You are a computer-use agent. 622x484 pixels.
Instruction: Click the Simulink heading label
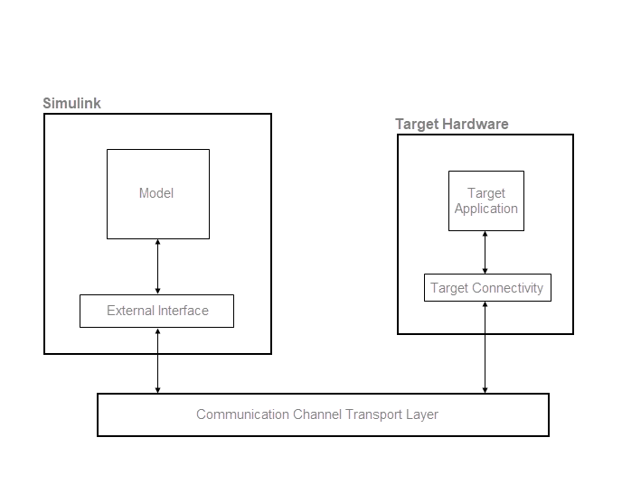tap(71, 103)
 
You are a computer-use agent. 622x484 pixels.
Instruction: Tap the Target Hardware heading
tap(451, 124)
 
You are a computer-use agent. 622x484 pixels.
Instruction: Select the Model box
tap(157, 193)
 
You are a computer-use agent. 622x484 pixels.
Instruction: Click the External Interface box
tap(157, 311)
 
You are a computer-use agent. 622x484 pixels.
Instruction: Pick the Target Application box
tap(485, 200)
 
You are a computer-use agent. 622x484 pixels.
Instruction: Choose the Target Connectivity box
tap(486, 288)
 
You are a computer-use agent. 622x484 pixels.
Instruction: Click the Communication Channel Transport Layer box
tap(323, 414)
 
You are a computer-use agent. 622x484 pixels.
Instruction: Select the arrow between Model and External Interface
tap(158, 266)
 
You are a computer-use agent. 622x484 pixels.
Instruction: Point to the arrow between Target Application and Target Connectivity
tap(485, 252)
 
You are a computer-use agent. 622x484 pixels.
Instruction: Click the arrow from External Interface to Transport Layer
tap(158, 360)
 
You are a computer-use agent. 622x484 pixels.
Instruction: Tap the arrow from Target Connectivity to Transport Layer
tap(485, 348)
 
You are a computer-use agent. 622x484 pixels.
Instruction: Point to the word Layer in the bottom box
tap(421, 414)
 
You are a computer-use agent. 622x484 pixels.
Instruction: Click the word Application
tap(486, 209)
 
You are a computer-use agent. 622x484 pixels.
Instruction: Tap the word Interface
tap(184, 311)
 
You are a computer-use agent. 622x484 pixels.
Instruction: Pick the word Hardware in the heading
tap(476, 124)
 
